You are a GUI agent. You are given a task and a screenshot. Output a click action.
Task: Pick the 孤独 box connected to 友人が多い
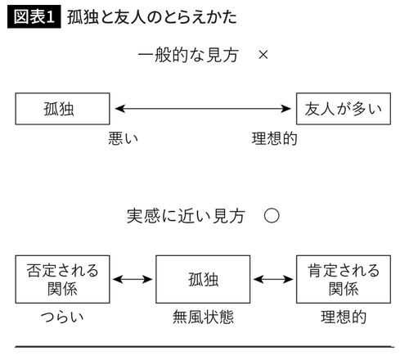62,107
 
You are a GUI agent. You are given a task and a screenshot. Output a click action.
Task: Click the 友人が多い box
344,107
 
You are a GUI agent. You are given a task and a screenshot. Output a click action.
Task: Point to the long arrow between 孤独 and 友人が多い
204,107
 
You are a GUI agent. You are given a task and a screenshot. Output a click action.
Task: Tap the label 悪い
123,138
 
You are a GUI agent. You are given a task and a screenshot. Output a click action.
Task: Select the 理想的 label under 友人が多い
274,138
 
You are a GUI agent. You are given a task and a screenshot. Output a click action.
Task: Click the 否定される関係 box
62,279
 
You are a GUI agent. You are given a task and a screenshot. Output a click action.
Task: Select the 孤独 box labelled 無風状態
203,279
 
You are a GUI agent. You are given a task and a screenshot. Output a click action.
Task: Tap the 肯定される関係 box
344,279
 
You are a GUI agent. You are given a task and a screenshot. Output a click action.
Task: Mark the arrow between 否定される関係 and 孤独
132,279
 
